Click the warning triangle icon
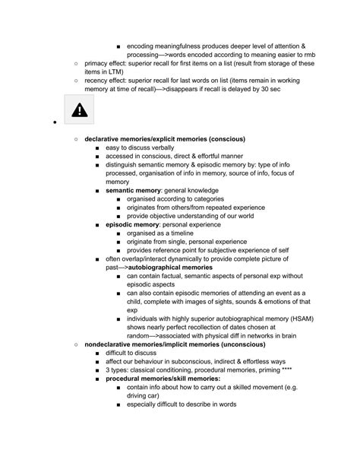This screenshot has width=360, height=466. (x=78, y=110)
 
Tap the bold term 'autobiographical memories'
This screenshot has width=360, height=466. (x=176, y=268)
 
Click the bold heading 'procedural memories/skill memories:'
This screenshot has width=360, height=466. (x=163, y=379)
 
